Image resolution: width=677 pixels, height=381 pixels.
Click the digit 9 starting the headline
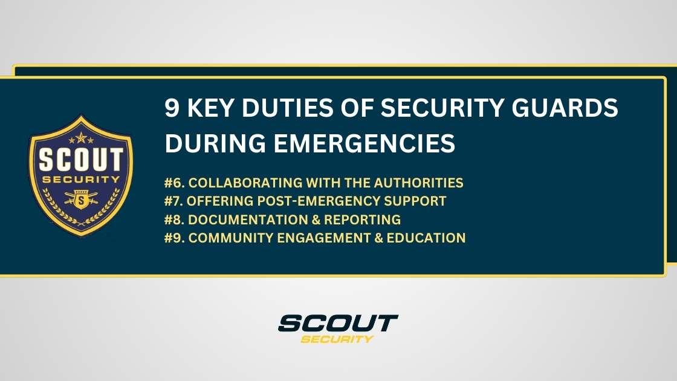point(172,109)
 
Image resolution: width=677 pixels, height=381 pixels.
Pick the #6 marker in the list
point(173,183)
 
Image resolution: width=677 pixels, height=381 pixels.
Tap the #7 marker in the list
point(173,201)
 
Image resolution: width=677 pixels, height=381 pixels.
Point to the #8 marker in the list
point(173,219)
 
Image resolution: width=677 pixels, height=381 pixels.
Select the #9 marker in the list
point(173,238)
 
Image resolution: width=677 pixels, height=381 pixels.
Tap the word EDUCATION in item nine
point(430,238)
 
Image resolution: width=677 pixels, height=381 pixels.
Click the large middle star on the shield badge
point(80,138)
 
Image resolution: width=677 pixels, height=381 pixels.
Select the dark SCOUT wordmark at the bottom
point(338,323)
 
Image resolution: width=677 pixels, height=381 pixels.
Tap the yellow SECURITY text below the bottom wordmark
point(337,339)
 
